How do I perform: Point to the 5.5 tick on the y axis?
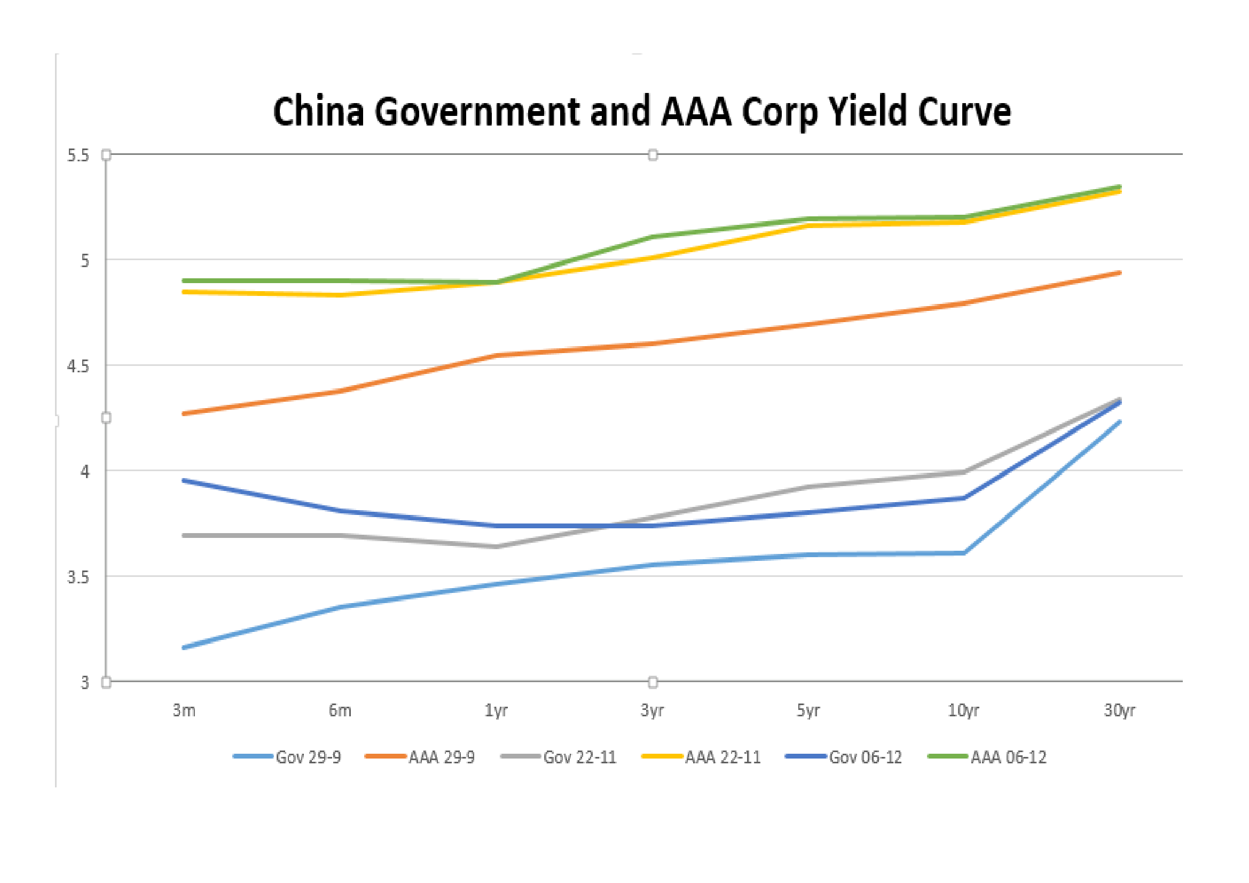tap(78, 155)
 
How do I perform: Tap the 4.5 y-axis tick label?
tap(78, 366)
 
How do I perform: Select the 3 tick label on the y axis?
tap(85, 682)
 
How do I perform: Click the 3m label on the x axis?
tap(184, 710)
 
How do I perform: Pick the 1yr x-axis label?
tap(496, 710)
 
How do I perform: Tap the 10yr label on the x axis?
tap(963, 710)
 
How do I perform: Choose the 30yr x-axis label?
tap(1119, 710)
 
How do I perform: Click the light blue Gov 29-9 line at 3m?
tap(185, 647)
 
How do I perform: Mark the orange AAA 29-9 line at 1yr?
tap(496, 356)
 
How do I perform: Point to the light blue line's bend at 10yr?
tap(963, 553)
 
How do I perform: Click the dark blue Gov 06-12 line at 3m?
tap(185, 481)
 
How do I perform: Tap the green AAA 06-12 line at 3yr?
tap(651, 237)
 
